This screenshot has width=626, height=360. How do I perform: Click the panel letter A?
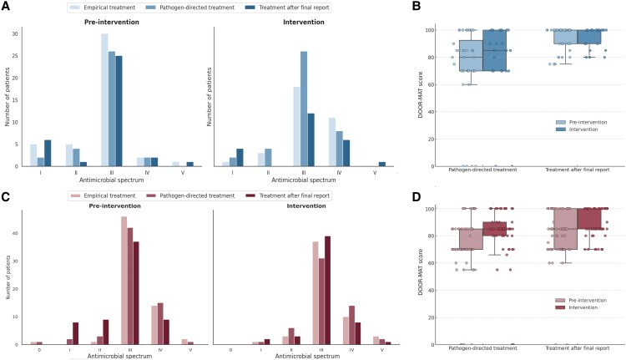point(5,6)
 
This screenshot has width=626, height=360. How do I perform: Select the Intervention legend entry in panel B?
point(587,129)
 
